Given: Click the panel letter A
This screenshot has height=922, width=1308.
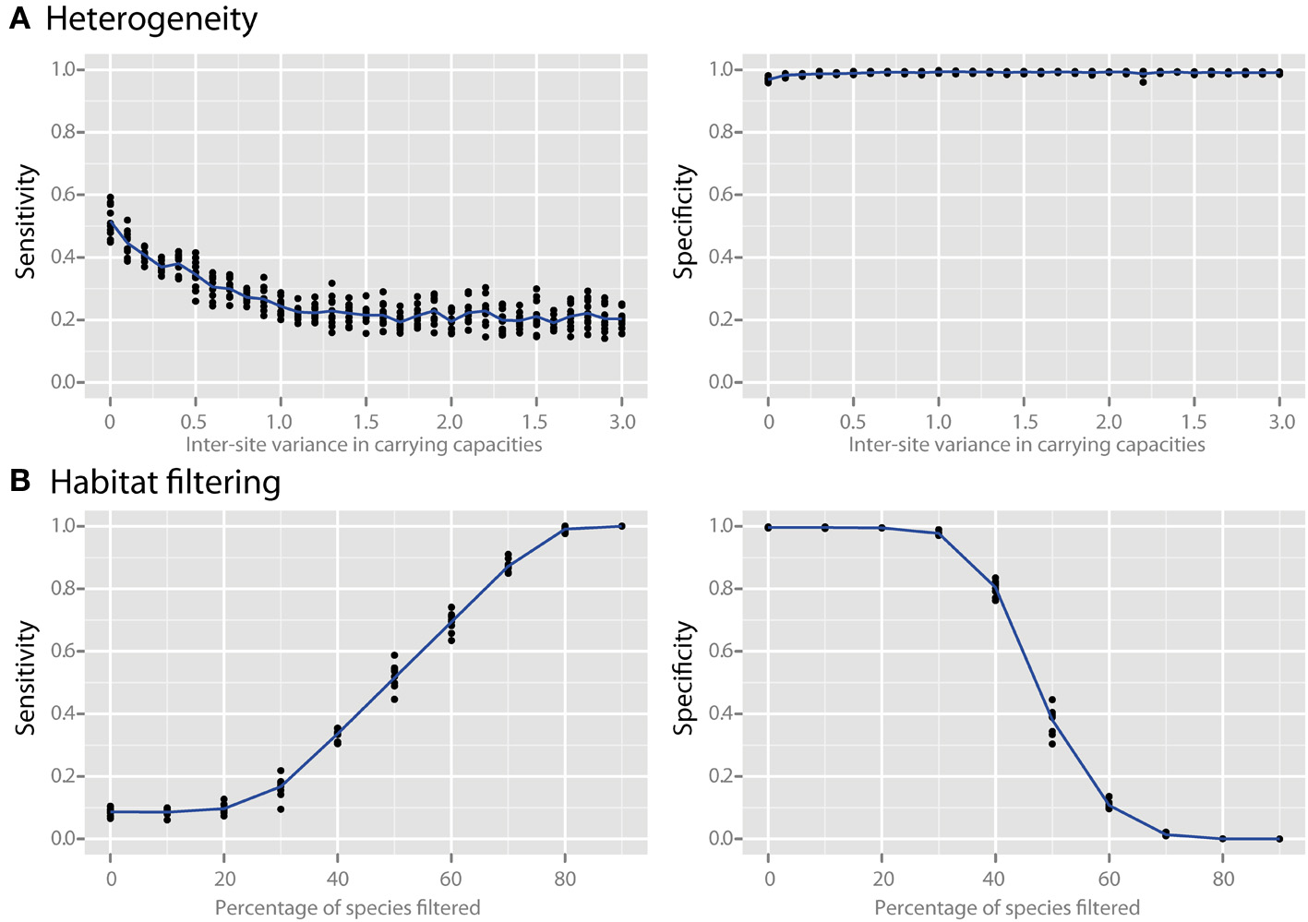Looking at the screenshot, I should tap(19, 18).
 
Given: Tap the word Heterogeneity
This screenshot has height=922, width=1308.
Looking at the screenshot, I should tap(151, 19).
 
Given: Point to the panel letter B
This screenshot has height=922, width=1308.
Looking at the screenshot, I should tap(19, 482).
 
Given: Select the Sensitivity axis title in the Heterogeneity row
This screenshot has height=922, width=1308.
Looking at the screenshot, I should tap(26, 222).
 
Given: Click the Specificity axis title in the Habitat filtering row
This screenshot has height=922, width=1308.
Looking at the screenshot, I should tap(683, 678).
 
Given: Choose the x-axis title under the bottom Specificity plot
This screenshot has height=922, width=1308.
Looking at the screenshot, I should tap(1007, 908).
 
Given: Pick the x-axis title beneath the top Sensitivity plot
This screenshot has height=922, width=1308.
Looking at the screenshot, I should tap(364, 445).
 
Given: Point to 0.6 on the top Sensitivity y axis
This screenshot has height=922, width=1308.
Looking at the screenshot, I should tap(62, 195).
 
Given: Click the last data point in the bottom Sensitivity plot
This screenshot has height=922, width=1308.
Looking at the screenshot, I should tap(621, 526).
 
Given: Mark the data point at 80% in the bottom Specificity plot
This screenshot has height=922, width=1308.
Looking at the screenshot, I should tap(1223, 839).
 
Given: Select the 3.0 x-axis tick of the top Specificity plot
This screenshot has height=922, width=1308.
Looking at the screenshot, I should tap(1281, 422).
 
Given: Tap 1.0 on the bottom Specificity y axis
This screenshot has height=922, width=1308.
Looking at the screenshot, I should tap(721, 526).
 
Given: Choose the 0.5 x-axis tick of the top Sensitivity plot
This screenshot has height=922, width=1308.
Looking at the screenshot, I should tap(194, 422).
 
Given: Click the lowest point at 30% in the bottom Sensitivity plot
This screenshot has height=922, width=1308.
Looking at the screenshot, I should tap(281, 809).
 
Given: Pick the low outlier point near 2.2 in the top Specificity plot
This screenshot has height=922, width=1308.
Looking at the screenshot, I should tap(1143, 82).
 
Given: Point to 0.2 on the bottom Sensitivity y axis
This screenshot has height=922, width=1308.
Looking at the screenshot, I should tap(62, 776).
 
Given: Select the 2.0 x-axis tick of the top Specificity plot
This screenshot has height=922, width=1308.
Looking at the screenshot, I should tap(1109, 422).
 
